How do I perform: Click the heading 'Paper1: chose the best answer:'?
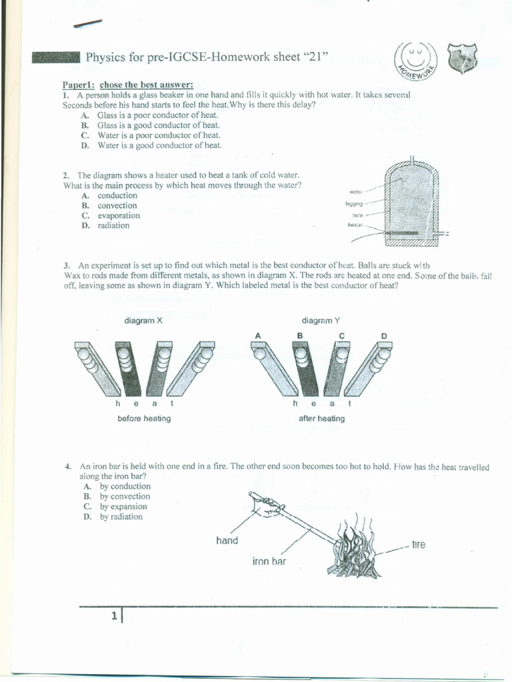(x=128, y=85)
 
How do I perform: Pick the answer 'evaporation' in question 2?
(x=119, y=216)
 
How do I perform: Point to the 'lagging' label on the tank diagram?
(x=354, y=203)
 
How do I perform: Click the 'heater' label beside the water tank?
(x=355, y=225)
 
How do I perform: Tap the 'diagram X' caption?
(x=143, y=320)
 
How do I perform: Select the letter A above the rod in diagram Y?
(x=257, y=335)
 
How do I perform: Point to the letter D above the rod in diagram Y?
(x=383, y=335)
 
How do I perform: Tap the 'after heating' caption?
(x=322, y=418)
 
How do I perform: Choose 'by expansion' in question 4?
(x=123, y=506)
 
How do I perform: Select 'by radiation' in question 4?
(x=121, y=517)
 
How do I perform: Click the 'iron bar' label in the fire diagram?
(x=269, y=561)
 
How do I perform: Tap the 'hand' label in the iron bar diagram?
(x=227, y=540)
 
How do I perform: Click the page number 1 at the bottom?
(x=115, y=617)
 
